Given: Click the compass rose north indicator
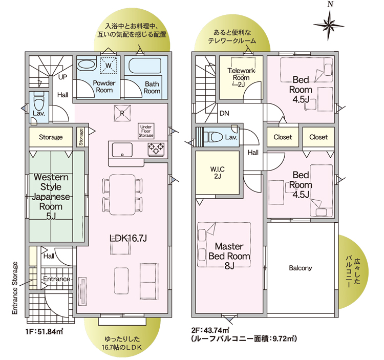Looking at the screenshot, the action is point(329,24).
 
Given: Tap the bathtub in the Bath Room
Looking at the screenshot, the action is point(145,66).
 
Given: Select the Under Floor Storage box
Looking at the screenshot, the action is point(146,131).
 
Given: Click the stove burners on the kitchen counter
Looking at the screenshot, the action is point(156,149).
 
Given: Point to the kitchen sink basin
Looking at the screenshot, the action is point(122,150).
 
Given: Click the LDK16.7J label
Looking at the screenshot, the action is point(128,238).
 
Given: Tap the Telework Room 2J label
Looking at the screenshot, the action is point(241,78).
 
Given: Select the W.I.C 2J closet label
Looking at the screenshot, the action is point(217,173).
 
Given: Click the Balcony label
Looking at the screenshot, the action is point(301,268).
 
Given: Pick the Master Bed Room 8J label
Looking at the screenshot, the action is point(229,256).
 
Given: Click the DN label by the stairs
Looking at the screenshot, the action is point(224,113).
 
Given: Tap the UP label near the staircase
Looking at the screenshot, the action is point(62,77).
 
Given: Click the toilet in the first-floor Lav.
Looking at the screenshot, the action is point(38,101).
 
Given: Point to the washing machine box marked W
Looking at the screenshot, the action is point(109,65).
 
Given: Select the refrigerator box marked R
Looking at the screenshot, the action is point(122,113).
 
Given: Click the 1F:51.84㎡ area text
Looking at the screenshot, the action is point(45,331).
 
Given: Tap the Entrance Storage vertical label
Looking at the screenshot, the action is point(15,288).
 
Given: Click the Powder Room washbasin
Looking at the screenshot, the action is point(87,65).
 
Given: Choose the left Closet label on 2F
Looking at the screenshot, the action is point(283,137).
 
